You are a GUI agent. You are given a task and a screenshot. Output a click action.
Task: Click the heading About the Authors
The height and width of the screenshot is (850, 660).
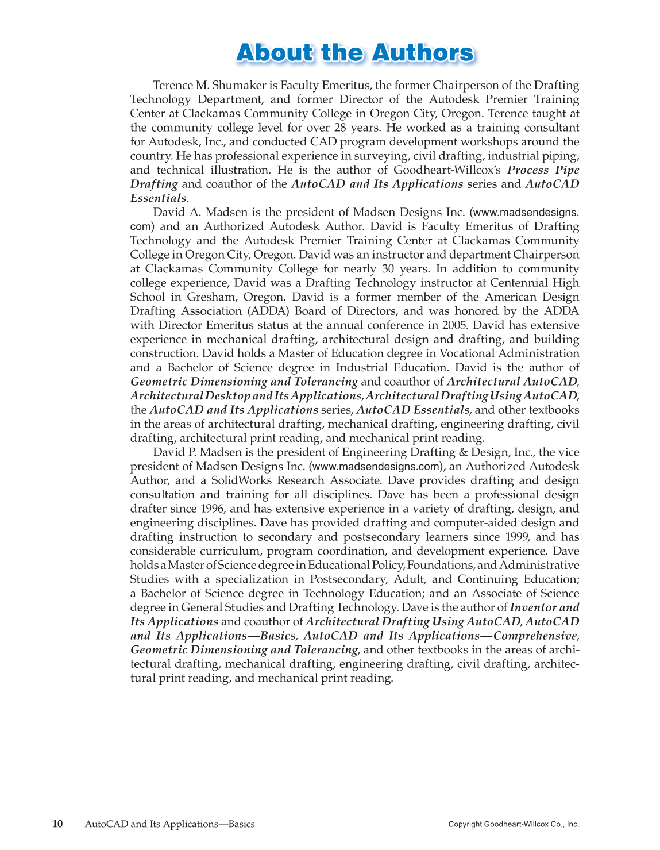pos(356,52)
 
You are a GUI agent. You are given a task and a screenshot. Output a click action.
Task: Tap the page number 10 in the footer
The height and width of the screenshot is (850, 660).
pos(57,824)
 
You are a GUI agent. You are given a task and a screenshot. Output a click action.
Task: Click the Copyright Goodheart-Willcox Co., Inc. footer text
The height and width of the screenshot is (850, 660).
pos(514,824)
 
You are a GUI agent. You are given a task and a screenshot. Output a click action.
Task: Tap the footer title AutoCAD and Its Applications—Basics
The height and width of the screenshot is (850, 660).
pos(170,824)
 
